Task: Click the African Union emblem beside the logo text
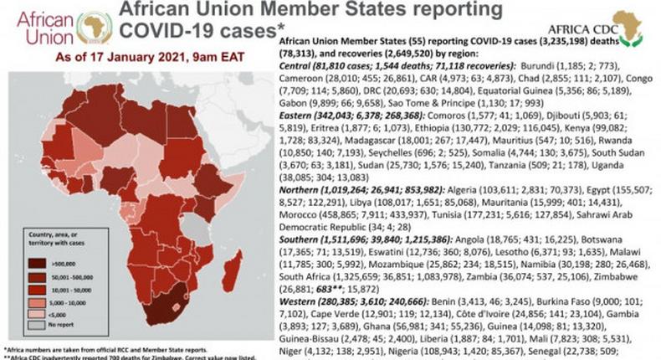point(95,28)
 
